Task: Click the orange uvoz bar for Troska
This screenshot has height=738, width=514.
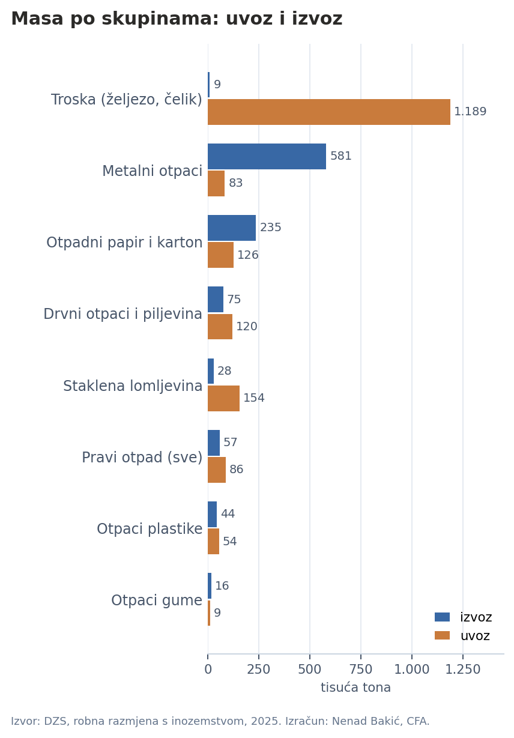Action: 329,112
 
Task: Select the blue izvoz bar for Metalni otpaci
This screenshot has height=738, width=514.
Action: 267,156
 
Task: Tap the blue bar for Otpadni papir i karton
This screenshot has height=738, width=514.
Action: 232,228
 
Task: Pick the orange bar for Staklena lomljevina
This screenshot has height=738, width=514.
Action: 223,398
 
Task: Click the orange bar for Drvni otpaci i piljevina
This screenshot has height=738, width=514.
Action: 220,327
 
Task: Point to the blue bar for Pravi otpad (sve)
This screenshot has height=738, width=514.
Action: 214,443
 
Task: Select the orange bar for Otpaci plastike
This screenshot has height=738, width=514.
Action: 213,541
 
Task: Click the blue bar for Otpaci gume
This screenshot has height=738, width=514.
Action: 209,586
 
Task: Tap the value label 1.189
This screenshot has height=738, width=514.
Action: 470,112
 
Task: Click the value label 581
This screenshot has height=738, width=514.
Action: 340,156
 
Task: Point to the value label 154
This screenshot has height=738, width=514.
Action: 254,398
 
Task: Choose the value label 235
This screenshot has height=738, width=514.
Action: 270,228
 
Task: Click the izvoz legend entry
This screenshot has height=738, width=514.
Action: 463,617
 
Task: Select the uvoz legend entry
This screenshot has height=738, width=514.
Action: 462,635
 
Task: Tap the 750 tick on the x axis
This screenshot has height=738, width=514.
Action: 361,670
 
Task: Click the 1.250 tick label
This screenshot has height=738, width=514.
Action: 463,670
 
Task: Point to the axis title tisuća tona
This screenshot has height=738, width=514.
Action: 355,688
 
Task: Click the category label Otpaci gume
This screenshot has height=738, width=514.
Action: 157,600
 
